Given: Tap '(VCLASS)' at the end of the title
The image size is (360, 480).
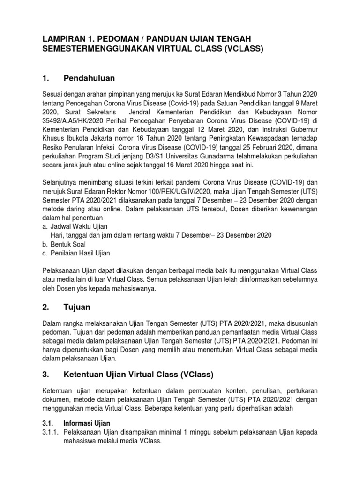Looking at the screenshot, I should click(x=242, y=49).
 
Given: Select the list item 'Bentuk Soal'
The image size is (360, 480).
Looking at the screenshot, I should click(x=69, y=244).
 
